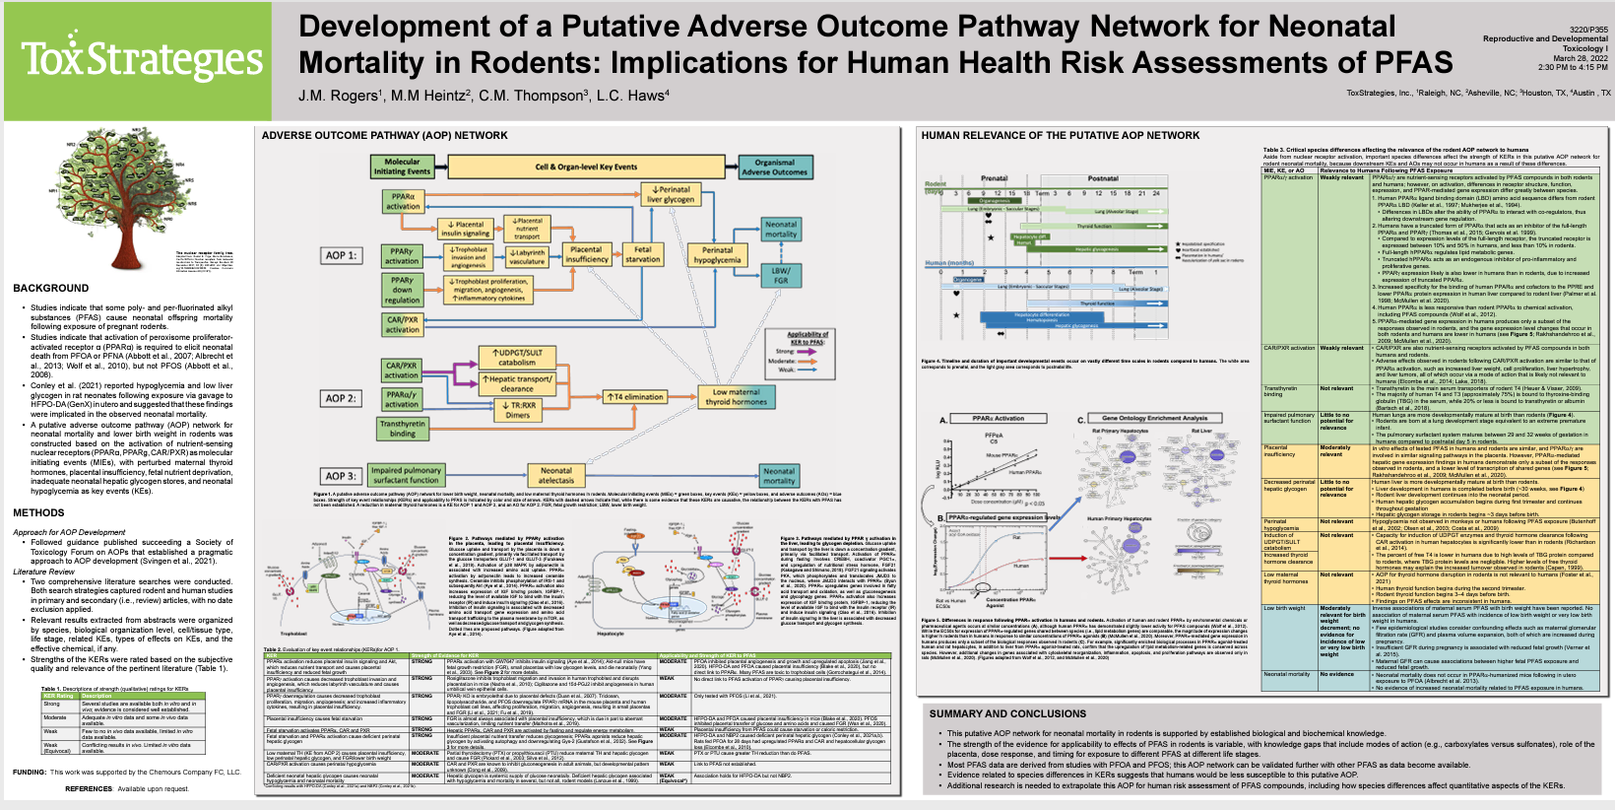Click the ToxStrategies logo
click(x=142, y=59)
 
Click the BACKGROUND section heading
click(x=51, y=289)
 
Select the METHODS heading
click(x=39, y=512)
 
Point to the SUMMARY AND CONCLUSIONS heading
click(x=1007, y=713)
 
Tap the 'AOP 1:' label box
click(x=342, y=255)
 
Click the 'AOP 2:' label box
click(x=342, y=398)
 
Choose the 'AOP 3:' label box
click(x=342, y=476)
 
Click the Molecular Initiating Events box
click(x=402, y=167)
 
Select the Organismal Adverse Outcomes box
click(x=775, y=167)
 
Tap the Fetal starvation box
click(x=642, y=254)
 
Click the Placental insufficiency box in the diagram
click(x=587, y=254)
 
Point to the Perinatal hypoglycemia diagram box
click(x=717, y=254)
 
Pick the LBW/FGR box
click(x=780, y=275)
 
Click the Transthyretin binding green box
click(x=402, y=428)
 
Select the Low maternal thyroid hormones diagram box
click(x=736, y=397)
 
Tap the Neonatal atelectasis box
click(x=555, y=476)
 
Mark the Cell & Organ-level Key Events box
click(x=586, y=167)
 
